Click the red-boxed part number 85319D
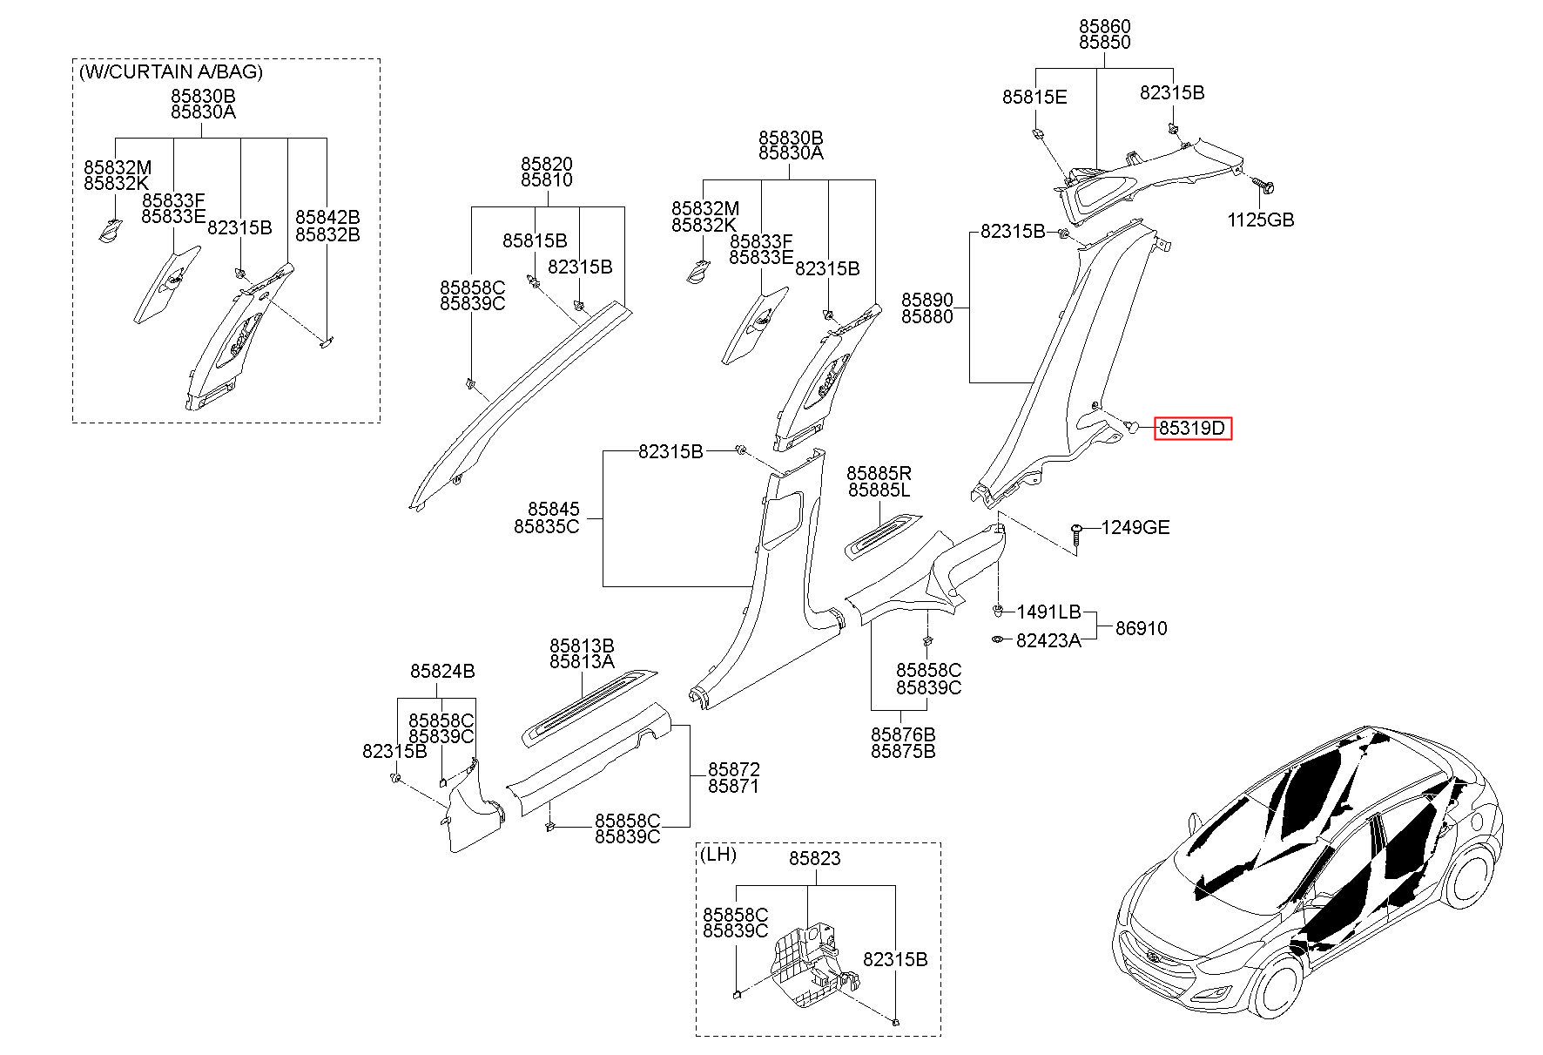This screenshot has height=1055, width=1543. tap(1193, 428)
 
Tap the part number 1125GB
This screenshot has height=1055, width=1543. tap(1261, 220)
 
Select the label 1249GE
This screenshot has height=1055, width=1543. tap(1135, 527)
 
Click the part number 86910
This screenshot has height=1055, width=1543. tap(1142, 628)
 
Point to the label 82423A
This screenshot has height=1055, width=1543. tap(1048, 640)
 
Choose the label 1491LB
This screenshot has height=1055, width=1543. tap(1048, 612)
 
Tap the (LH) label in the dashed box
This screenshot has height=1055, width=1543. tap(718, 855)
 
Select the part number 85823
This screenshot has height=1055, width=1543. tap(815, 858)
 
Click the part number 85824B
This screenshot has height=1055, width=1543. tap(442, 671)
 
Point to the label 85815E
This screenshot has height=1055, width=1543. tap(1034, 98)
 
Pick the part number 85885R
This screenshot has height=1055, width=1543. tap(879, 473)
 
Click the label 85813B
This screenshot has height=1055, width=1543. tap(582, 646)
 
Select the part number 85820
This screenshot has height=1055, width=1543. tap(547, 164)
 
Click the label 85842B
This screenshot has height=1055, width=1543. tap(327, 217)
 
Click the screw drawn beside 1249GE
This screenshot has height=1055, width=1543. tap(1078, 537)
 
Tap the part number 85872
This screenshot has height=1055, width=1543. tap(733, 770)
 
